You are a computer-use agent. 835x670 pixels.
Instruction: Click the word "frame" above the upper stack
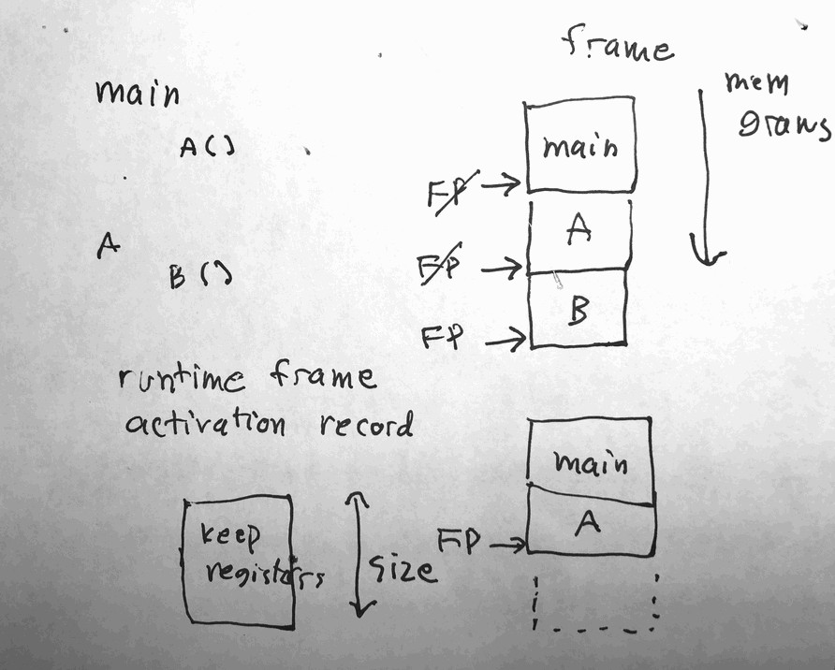617,45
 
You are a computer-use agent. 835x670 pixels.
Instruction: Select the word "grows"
784,125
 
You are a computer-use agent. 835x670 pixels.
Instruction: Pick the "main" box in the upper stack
581,145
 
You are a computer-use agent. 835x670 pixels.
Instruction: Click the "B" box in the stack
578,310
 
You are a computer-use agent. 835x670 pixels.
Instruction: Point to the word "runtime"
183,381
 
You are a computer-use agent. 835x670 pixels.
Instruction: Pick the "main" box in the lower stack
590,460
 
